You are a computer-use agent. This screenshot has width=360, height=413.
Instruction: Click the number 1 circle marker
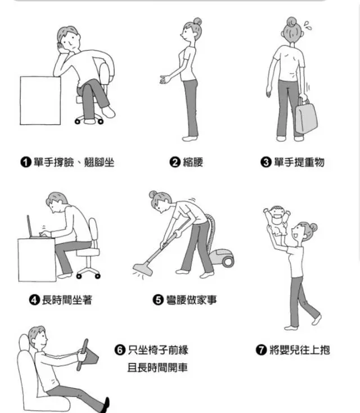coord(25,162)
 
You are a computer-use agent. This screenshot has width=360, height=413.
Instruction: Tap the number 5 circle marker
coord(158,300)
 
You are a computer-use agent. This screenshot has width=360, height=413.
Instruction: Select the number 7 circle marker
coord(261,350)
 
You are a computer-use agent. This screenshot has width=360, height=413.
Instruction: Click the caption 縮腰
coord(193,162)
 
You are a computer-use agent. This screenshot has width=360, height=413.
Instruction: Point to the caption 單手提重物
coord(299,162)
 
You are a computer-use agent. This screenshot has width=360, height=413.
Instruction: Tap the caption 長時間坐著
coord(67,300)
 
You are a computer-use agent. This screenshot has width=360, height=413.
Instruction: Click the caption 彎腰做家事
coord(191,300)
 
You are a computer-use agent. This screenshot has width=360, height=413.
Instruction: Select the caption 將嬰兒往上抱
coord(299,350)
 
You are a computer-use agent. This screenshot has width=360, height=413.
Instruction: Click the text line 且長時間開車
coord(157,367)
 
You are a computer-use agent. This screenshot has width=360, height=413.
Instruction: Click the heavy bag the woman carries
coord(306,117)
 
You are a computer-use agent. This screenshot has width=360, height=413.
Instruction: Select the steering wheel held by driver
coord(83,355)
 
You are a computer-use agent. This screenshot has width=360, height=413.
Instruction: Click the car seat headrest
coord(24,342)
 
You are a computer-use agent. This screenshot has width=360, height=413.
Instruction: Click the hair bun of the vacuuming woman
coord(153,194)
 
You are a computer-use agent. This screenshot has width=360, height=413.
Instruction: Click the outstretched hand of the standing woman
coord(165,79)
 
